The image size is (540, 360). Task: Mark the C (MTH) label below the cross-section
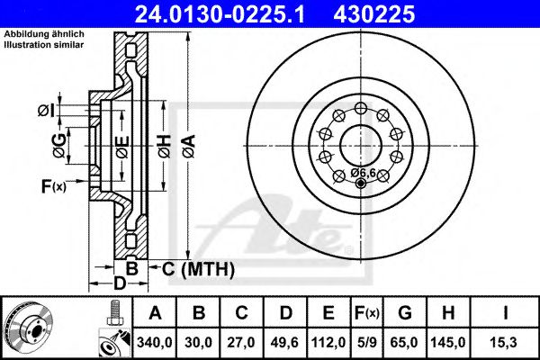tap(193, 268)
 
